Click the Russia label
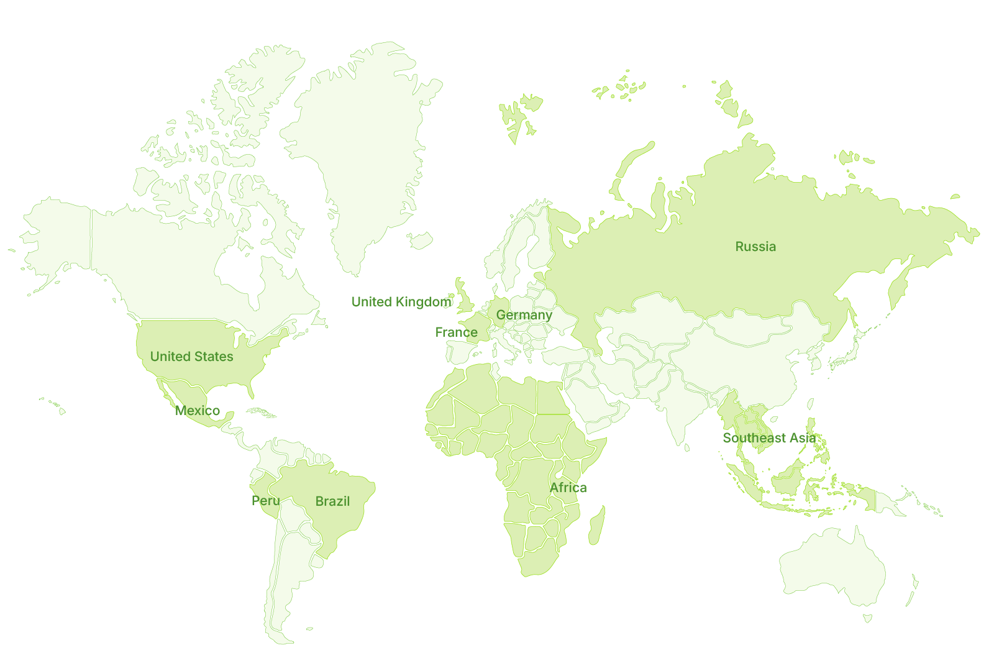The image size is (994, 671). [x=755, y=247]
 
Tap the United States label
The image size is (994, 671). [x=191, y=357]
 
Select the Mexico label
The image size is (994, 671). [x=198, y=411]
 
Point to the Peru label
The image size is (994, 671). [x=266, y=501]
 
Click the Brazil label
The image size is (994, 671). [x=332, y=501]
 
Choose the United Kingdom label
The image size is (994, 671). [x=401, y=302]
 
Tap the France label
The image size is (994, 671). [x=456, y=332]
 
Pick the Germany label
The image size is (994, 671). [x=524, y=315]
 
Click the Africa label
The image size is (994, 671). [x=568, y=488]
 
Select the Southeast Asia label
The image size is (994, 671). [x=769, y=438]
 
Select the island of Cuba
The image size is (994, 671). [x=261, y=412]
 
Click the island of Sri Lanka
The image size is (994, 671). [x=686, y=447]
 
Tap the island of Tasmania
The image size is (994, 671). [x=867, y=618]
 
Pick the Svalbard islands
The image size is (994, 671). [x=519, y=115]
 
